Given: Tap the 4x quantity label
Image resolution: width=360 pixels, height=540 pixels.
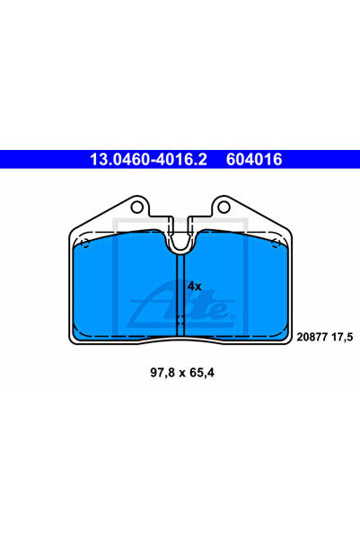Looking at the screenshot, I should click(x=195, y=286).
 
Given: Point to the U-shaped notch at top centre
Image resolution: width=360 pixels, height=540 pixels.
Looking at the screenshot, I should click(x=181, y=238).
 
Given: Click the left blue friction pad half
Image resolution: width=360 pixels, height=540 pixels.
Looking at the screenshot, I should click(x=121, y=288).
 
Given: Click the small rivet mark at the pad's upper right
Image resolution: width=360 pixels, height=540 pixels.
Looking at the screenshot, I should click(x=277, y=243).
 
